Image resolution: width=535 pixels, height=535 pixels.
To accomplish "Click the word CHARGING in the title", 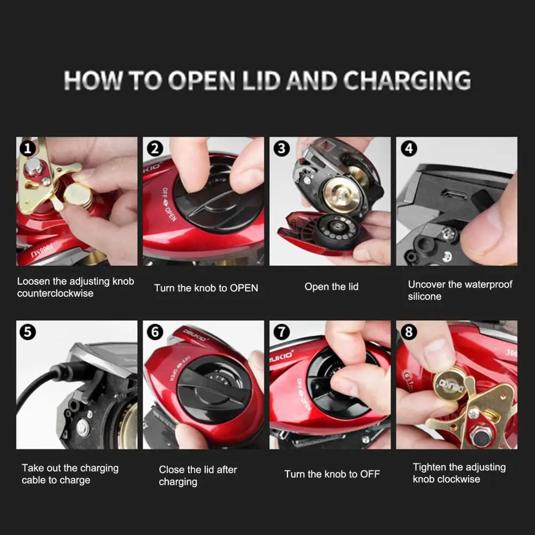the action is [407, 81].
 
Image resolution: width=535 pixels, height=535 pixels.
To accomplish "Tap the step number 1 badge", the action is [28, 149].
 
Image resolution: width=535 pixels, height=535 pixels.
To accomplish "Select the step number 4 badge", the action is [409, 149].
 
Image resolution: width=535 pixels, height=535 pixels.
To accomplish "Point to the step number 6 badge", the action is [155, 332].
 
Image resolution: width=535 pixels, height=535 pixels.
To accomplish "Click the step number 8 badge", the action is [409, 332].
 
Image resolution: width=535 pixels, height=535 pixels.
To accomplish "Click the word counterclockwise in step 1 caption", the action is [55, 293].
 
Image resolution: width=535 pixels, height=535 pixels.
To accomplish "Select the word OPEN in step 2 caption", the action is [244, 288].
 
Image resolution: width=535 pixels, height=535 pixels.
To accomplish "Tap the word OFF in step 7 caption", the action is [370, 474].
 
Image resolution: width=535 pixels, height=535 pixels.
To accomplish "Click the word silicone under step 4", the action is [424, 297].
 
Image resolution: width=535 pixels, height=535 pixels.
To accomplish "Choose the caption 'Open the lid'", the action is [331, 286].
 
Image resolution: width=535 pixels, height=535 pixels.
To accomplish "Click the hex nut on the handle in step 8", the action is [479, 436].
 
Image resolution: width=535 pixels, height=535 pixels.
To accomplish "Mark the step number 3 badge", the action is [282, 149].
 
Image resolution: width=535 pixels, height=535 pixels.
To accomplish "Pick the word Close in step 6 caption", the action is [172, 470].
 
